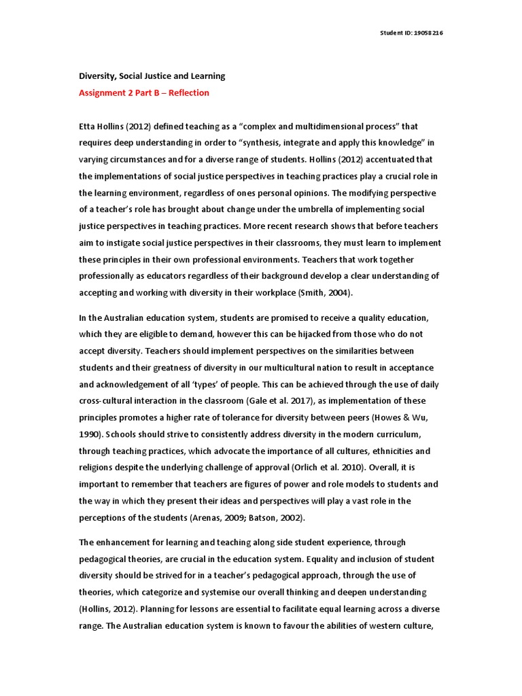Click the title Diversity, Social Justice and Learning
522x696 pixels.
pos(152,76)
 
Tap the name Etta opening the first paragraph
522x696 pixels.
pos(88,126)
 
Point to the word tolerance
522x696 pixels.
pos(238,417)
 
